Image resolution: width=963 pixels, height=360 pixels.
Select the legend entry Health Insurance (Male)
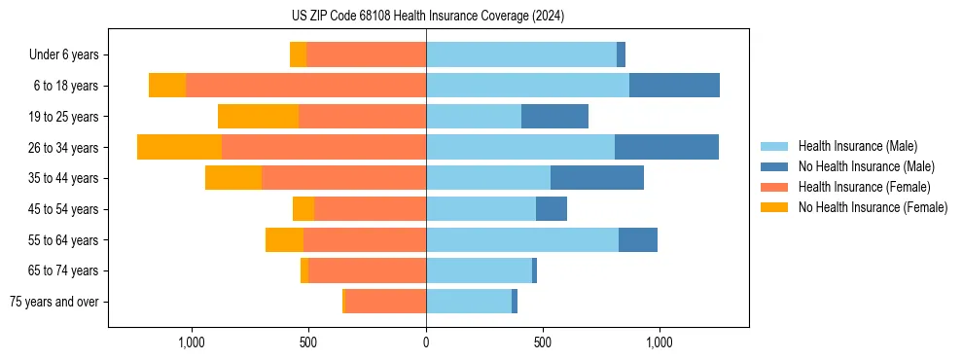coord(857,146)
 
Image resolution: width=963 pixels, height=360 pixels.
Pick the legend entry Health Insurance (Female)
coord(864,187)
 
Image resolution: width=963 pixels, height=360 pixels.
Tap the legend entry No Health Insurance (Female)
coord(873,207)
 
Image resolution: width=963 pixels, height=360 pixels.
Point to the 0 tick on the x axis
coord(426,343)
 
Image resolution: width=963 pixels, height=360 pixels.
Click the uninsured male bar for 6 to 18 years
coord(674,86)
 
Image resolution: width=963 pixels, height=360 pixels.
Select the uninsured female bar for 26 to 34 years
coord(179,147)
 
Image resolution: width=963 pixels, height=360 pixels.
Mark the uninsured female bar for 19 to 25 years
coord(258,117)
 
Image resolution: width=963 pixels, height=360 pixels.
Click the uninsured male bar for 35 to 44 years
coord(597,178)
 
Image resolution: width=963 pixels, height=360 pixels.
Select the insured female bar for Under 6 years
coord(366,54)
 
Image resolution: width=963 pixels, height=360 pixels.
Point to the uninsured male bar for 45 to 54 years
coord(552,209)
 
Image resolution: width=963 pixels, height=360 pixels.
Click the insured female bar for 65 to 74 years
coord(367,270)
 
